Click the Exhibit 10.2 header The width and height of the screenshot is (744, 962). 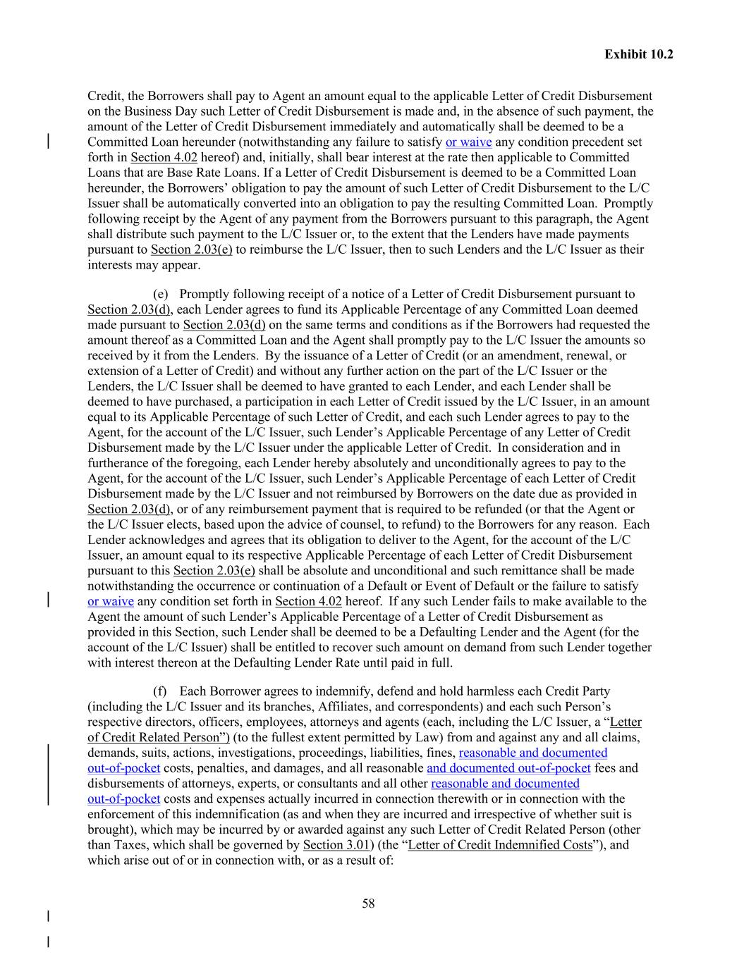638,54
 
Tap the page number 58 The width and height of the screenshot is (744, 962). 368,904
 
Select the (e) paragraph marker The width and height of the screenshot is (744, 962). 161,295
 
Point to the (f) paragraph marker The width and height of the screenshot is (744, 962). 161,691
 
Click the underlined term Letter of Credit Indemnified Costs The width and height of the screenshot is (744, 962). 500,845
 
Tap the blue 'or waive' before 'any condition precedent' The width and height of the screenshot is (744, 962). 468,142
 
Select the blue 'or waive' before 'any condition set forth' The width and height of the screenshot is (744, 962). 111,601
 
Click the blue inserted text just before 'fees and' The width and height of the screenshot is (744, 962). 508,768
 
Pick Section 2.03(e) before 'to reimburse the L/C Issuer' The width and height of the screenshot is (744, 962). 191,249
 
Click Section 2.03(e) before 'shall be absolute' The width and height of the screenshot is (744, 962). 214,571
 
